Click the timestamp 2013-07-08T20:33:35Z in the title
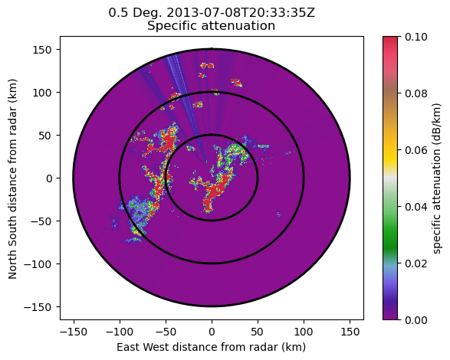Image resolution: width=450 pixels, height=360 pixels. (241, 13)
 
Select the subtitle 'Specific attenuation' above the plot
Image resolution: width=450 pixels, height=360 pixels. (212, 26)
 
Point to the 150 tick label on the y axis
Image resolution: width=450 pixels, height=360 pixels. (42, 50)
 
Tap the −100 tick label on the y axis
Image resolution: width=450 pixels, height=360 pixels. (38, 264)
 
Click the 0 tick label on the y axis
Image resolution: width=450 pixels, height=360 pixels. (49, 178)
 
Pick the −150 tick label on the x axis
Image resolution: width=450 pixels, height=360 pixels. (74, 332)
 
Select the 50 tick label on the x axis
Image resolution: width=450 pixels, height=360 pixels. (258, 332)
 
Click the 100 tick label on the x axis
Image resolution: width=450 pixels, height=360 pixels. (304, 332)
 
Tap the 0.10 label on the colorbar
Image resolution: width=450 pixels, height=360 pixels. (416, 37)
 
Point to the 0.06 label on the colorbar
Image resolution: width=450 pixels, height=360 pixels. (416, 150)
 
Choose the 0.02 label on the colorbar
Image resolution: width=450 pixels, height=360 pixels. (416, 263)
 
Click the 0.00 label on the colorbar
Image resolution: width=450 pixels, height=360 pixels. (416, 319)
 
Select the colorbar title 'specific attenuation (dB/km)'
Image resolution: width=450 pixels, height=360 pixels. (436, 178)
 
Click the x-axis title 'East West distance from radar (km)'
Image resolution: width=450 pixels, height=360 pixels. (212, 347)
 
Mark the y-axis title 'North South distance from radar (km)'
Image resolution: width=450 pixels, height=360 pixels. (12, 178)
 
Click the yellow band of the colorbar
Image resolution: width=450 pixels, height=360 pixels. (390, 156)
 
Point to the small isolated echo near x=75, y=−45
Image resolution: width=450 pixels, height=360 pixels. (278, 214)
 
